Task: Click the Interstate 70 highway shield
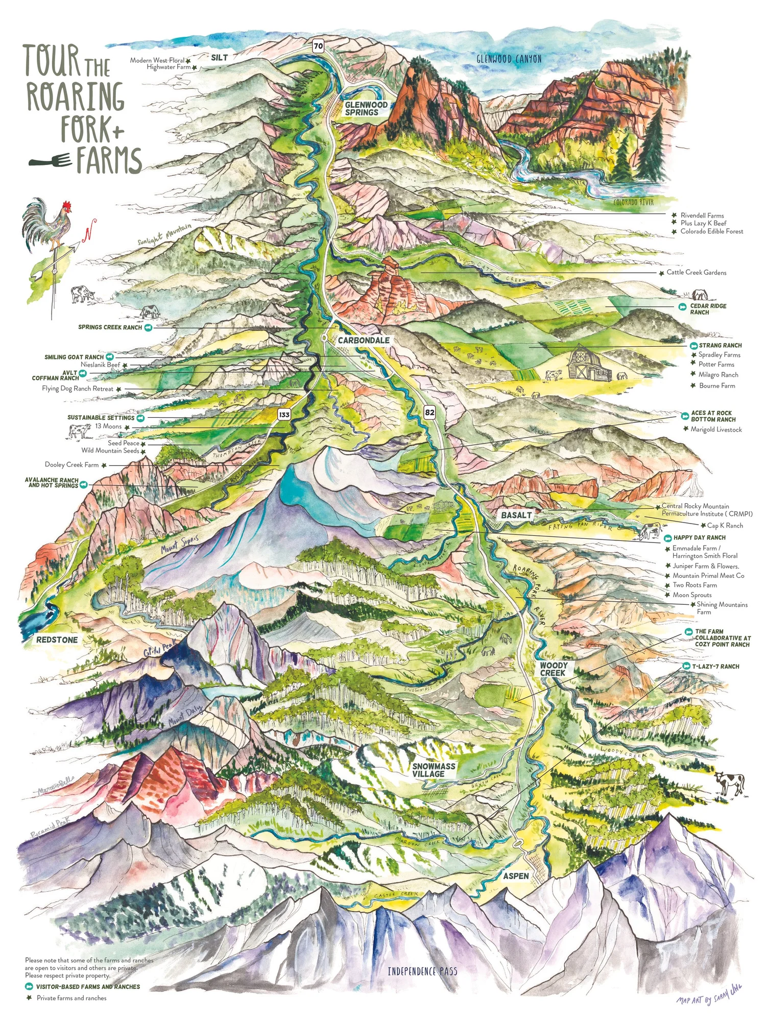point(318,46)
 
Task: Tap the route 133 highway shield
point(284,414)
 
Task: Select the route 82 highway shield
point(429,412)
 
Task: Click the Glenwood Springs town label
point(366,108)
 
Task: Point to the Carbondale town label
point(364,340)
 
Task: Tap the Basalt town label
point(516,515)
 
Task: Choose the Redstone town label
point(57,640)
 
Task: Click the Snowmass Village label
point(434,770)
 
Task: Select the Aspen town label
point(516,876)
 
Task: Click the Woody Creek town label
point(553,669)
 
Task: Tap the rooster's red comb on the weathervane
point(66,205)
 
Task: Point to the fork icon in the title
point(50,161)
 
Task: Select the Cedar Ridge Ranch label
point(708,309)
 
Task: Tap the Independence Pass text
point(422,971)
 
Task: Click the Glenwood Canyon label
point(509,59)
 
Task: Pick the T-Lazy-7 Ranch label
point(715,667)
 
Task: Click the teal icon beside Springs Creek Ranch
point(148,327)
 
